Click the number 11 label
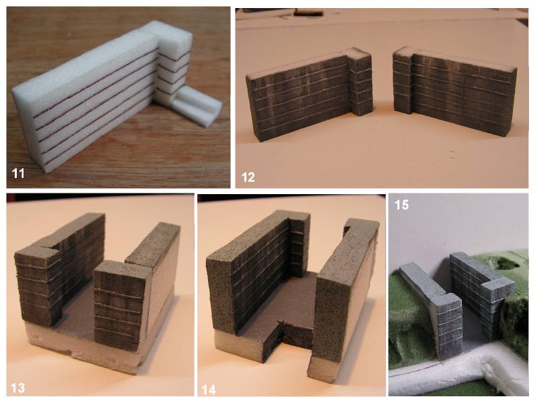(x=18, y=173)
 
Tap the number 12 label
(x=248, y=177)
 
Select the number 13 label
(x=17, y=388)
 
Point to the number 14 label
(x=209, y=390)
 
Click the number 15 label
(x=401, y=205)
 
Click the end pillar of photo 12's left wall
(x=360, y=82)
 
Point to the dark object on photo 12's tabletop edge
(x=308, y=13)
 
